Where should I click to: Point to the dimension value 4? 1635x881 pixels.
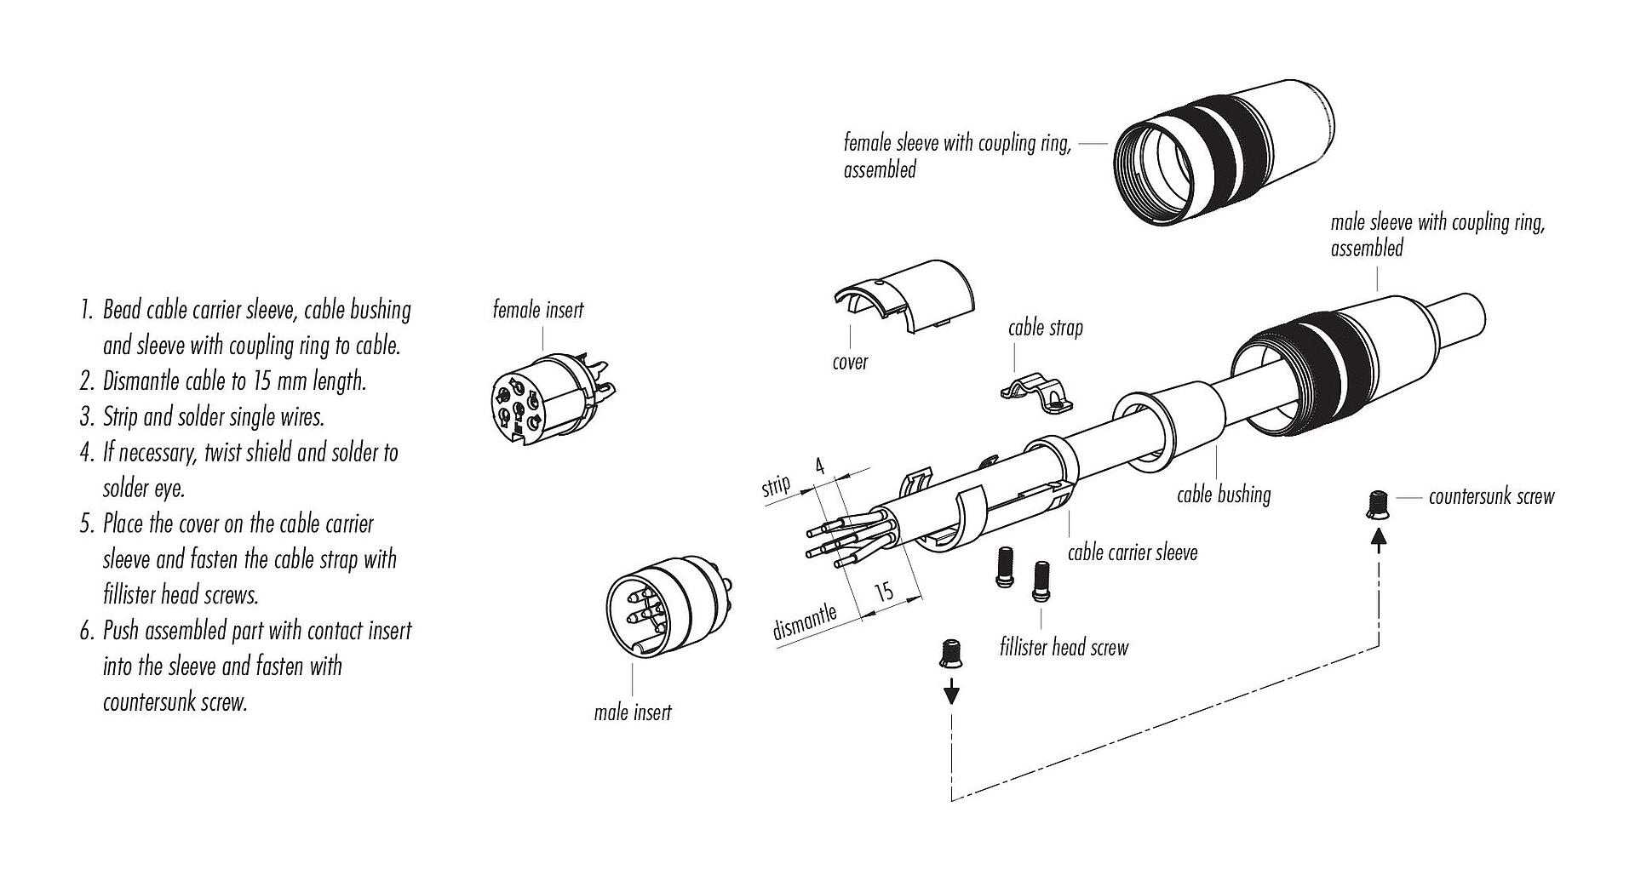pos(820,466)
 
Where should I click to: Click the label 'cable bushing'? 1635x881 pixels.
pos(1224,495)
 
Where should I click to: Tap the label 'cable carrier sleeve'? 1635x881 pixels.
pos(1133,552)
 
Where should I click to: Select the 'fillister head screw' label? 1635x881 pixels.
pos(1064,648)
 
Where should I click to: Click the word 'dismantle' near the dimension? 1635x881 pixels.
pos(805,622)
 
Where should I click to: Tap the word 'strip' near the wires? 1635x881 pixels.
pos(776,486)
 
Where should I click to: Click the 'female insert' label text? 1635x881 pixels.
pos(538,310)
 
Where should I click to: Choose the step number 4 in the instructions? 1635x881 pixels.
pos(86,452)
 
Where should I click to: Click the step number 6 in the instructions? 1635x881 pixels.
pos(86,631)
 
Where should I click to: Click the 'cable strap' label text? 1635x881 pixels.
pos(1045,328)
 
